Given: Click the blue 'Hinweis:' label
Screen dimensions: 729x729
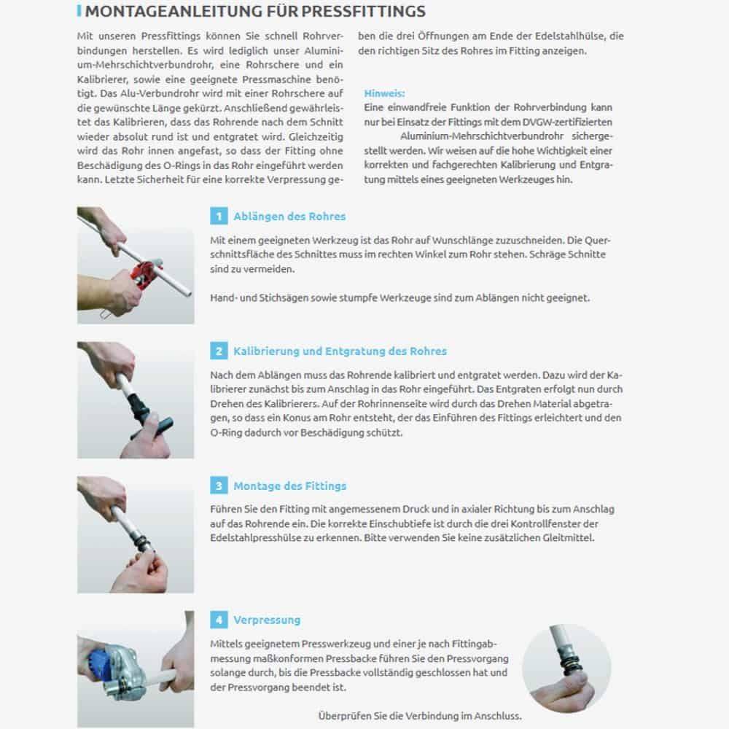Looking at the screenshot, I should click(x=384, y=94).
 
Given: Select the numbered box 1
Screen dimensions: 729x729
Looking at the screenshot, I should click(x=218, y=216).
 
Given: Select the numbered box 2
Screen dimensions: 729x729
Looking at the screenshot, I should click(x=218, y=351).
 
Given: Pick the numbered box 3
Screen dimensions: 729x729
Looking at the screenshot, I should click(x=218, y=486).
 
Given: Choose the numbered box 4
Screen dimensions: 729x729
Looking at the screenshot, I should click(x=218, y=620).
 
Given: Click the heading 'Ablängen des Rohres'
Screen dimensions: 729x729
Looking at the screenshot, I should click(x=289, y=217).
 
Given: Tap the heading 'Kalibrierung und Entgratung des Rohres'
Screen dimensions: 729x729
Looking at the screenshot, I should click(x=340, y=351).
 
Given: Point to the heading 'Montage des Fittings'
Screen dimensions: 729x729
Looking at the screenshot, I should click(x=289, y=486).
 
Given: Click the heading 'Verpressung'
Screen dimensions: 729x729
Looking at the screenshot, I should click(x=267, y=620).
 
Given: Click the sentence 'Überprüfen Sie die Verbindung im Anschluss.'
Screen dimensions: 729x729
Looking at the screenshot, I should click(x=420, y=716).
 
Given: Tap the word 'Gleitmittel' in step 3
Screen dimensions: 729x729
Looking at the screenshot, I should click(x=567, y=538).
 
